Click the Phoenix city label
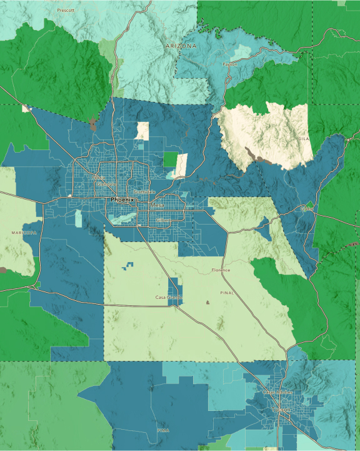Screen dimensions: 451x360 tap(122, 200)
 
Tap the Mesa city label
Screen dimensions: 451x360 tap(157, 205)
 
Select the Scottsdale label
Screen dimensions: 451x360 tap(144, 192)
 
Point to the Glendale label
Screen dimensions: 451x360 tap(107, 185)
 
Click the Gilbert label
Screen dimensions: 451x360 tap(164, 221)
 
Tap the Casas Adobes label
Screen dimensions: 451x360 tap(277, 392)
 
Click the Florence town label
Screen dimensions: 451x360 tap(221, 270)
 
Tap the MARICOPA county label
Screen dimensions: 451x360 tap(24, 232)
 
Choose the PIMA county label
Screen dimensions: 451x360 tap(164, 430)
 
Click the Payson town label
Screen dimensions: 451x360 tap(230, 64)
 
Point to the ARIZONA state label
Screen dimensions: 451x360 tap(181, 46)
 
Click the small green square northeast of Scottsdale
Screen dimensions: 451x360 tap(170, 159)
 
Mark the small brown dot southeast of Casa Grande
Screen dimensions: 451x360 tap(207, 303)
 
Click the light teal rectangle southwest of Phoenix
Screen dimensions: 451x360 tap(78, 218)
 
